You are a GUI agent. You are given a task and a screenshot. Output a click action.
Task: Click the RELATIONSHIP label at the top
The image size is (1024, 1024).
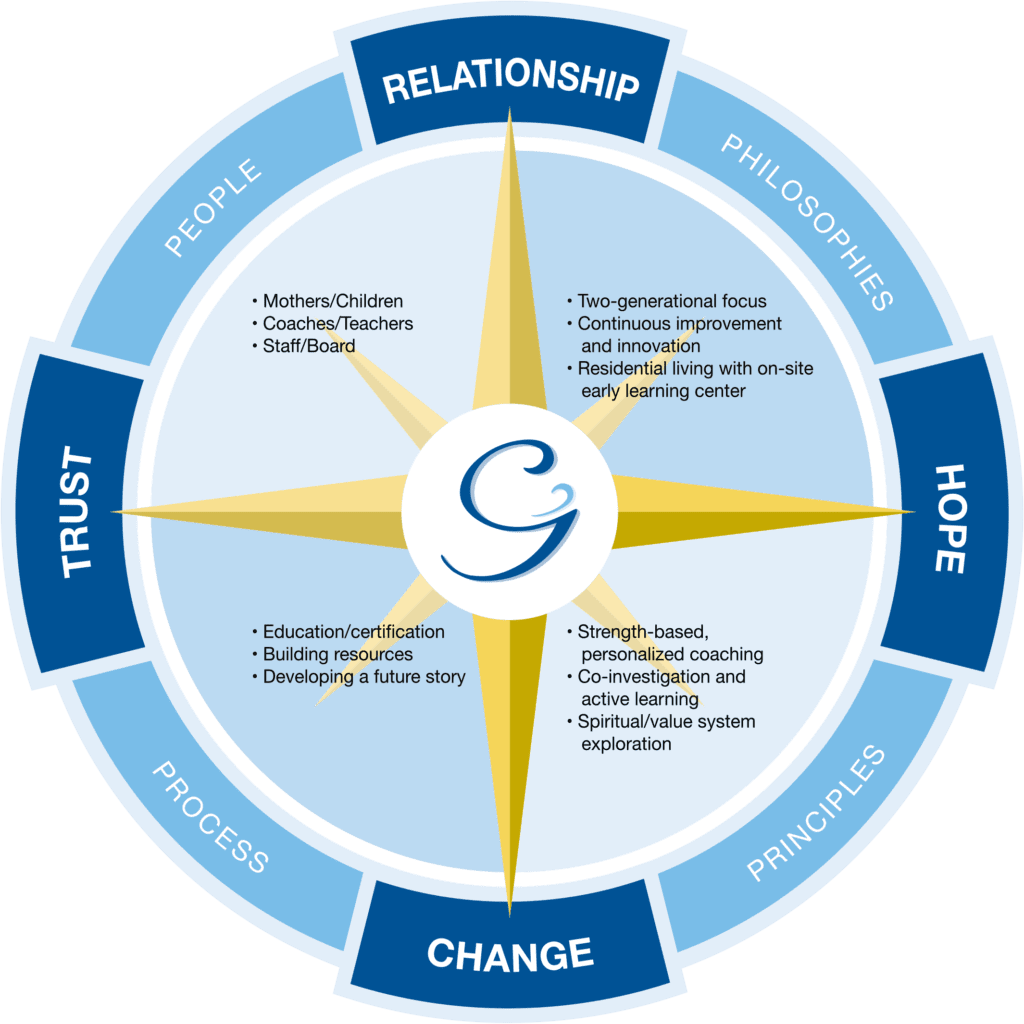coord(511,84)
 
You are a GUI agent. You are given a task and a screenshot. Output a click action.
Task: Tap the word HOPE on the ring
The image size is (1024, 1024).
coord(949,518)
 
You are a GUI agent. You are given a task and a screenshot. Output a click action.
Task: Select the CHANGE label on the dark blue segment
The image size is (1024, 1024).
coord(510,952)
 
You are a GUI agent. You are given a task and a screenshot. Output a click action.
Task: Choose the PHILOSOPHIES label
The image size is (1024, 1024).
coord(806,221)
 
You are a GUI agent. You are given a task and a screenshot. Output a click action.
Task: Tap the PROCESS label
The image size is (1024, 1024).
coord(210,816)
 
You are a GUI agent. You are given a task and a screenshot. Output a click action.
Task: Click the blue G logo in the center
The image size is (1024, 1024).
coord(512,513)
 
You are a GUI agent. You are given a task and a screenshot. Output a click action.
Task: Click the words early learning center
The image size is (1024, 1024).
coord(663,391)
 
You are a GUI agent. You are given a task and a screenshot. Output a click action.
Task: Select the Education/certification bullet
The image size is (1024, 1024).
coord(353,632)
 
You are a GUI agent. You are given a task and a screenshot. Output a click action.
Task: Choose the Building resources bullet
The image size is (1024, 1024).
coord(337,655)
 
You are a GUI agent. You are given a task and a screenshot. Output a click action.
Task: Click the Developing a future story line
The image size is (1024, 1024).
coord(364,677)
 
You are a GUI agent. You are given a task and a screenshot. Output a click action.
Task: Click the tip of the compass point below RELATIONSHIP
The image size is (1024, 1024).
coord(511,114)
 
